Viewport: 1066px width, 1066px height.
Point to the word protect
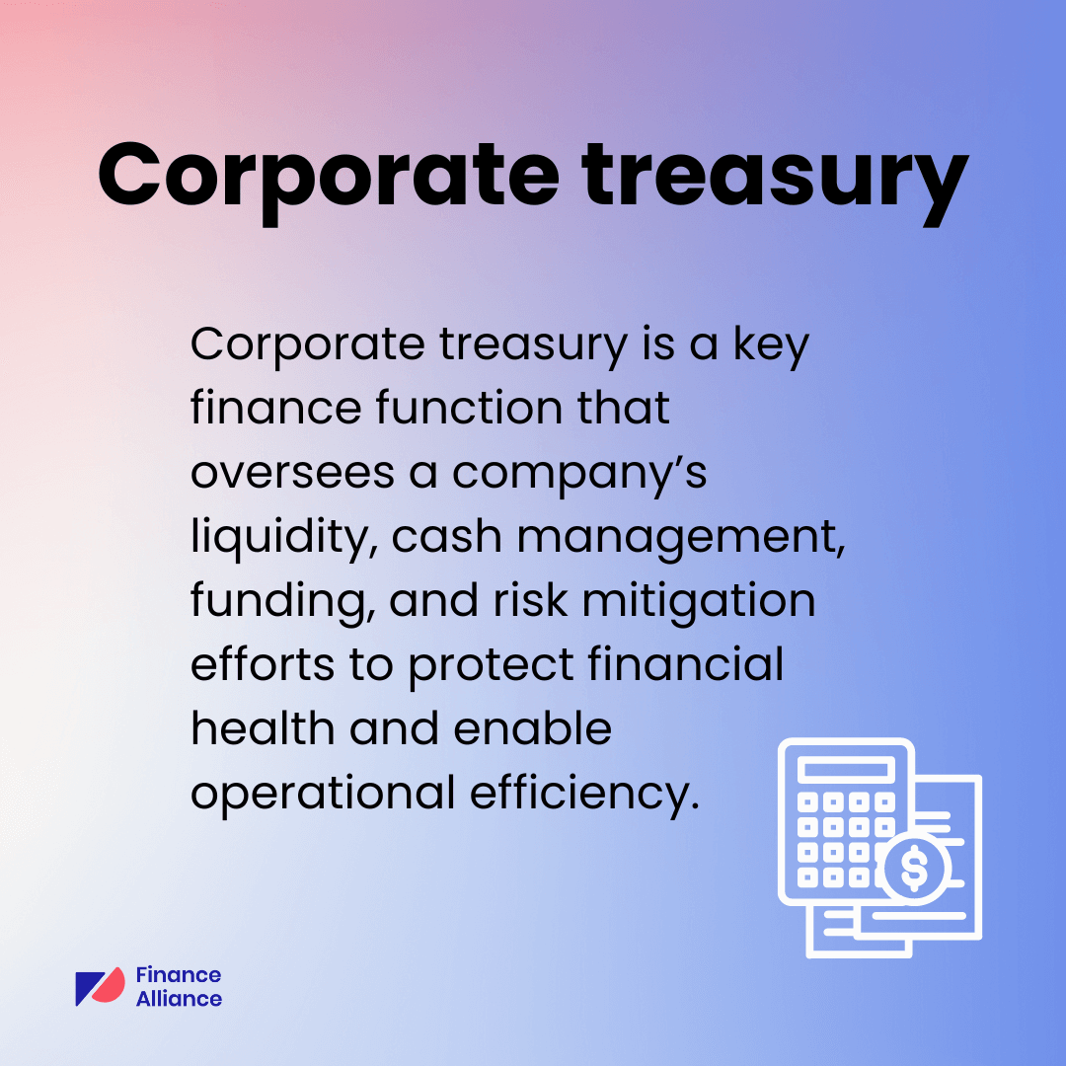click(493, 666)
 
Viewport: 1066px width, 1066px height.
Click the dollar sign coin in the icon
click(914, 870)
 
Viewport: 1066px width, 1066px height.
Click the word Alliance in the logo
click(179, 998)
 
